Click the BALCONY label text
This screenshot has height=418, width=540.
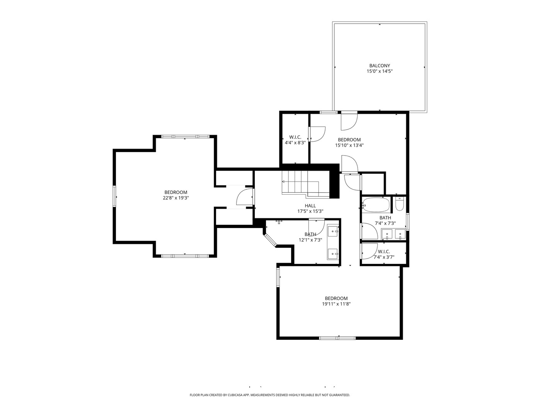379,66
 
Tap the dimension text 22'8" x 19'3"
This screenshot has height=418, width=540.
175,198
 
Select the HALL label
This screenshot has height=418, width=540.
310,206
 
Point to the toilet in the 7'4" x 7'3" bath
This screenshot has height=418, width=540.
399,204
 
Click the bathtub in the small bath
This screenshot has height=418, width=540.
376,204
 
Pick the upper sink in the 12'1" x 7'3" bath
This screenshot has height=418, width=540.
333,231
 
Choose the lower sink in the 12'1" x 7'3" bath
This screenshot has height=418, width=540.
333,254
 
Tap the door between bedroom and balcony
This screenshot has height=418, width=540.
349,121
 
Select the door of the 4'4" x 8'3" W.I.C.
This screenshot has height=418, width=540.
317,134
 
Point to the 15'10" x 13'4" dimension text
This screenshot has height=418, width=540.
349,146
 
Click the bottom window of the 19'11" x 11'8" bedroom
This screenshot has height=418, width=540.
337,338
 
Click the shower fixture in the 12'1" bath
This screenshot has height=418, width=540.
279,222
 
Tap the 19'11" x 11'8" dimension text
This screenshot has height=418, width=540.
336,304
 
